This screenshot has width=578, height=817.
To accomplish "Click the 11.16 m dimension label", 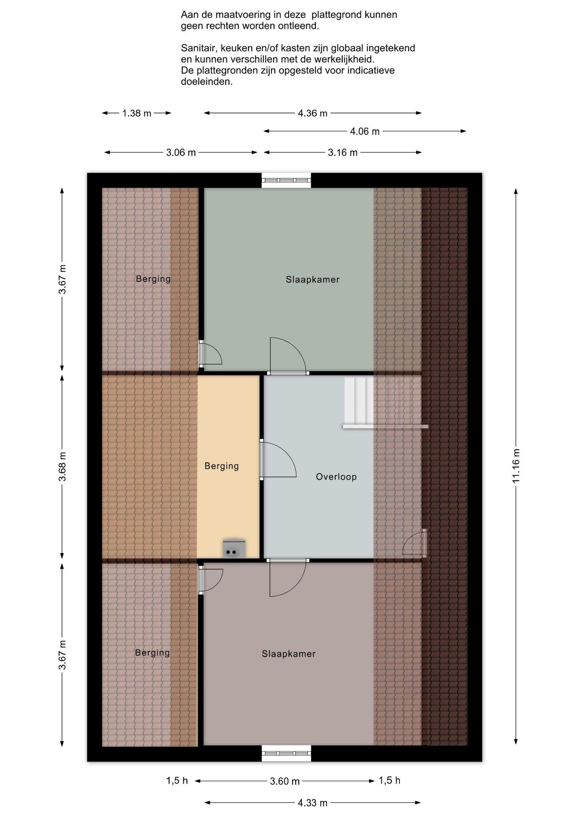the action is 516,466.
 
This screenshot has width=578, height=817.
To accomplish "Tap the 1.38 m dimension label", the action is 137,113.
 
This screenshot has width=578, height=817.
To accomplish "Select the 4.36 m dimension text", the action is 312,113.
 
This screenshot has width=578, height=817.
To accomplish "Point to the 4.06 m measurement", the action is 365,131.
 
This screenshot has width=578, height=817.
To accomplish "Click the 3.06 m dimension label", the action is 181,153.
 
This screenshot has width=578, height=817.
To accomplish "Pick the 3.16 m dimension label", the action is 343,153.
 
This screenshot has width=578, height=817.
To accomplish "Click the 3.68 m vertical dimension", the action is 62,467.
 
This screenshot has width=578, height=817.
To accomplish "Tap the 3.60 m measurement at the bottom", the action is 285,781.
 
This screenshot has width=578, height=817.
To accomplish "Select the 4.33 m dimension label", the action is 312,803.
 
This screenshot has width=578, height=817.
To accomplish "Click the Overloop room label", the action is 336,477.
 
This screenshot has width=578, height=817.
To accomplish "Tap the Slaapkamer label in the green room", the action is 312,280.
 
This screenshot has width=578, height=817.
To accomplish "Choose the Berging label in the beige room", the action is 221,466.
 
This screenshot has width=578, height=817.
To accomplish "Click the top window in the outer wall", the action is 286,180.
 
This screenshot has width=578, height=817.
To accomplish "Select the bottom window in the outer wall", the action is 286,754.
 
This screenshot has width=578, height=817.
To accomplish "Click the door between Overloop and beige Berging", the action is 278,460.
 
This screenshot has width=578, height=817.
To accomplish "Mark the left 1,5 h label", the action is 177,781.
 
